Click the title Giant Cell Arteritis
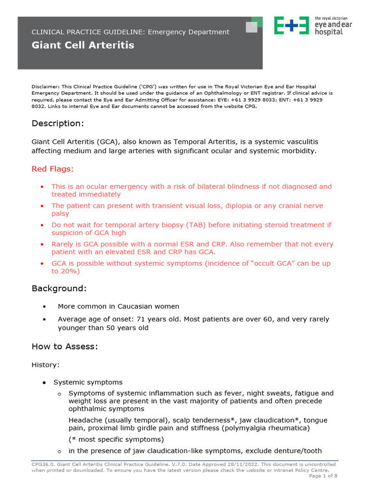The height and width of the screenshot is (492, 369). point(83,46)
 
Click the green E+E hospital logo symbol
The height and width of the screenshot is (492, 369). point(291,25)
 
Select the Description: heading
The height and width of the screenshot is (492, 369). point(58,123)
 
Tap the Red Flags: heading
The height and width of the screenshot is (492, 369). point(53,169)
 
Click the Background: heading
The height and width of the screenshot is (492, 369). point(59,288)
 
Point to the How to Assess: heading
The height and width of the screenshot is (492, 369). point(65,346)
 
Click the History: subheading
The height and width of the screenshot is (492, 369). point(46,365)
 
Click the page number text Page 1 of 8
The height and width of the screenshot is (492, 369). point(323,476)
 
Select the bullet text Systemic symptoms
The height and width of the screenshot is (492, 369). point(88,382)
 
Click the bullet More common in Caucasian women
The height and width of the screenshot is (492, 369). point(118,306)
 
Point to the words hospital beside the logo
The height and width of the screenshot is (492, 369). point(329,32)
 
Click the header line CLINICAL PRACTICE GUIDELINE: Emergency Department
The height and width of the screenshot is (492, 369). point(130,32)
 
